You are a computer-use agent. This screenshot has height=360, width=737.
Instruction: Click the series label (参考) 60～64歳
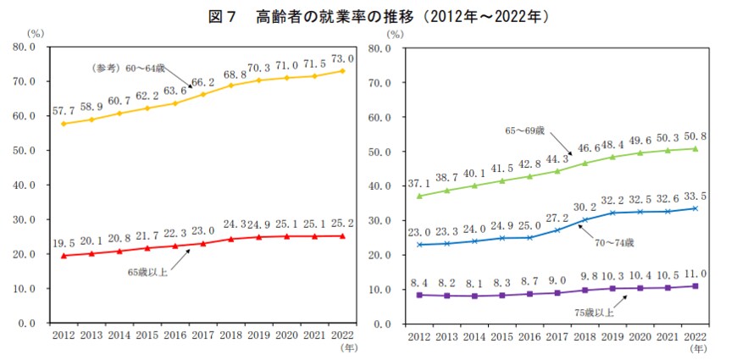pyautogui.click(x=128, y=67)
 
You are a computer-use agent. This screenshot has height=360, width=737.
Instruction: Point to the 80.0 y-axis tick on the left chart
pyautogui.click(x=30, y=47)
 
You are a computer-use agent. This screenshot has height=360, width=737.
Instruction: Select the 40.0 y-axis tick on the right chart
pyautogui.click(x=388, y=186)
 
